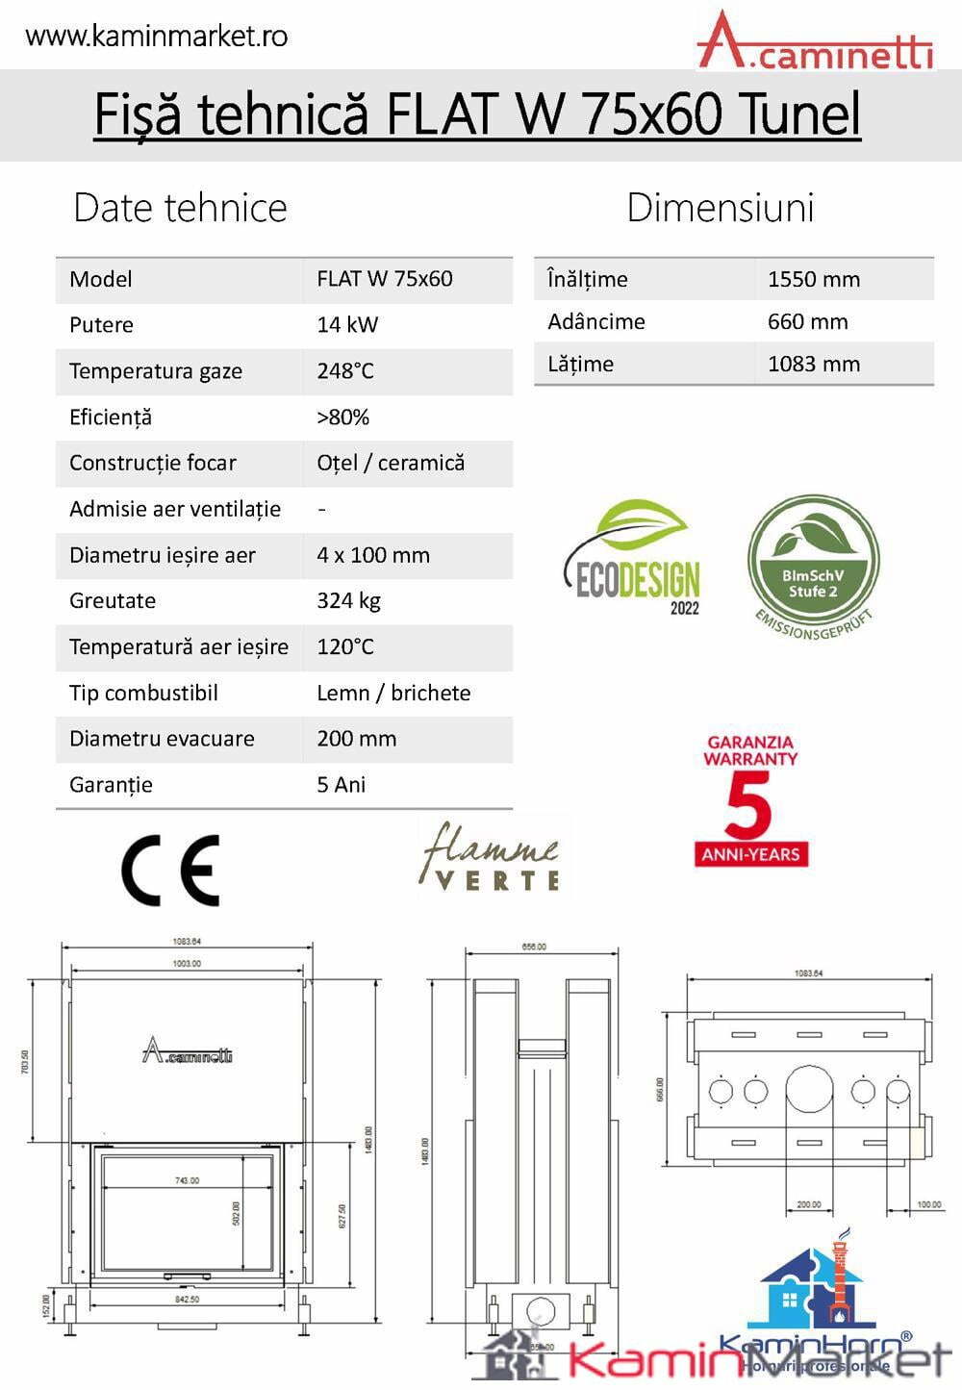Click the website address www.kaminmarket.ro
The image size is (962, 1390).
156,37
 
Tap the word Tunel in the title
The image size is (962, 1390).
800,114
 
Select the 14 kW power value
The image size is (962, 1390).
347,325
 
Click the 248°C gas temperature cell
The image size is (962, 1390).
345,371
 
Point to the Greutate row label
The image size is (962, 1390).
113,601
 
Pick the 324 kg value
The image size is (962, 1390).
348,601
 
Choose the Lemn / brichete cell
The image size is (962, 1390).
393,694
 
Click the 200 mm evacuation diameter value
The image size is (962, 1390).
356,739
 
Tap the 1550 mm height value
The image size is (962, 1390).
813,280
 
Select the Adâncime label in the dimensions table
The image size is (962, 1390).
595,322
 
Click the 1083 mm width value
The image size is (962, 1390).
813,365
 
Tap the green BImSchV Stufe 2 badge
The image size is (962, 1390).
813,562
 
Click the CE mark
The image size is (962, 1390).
170,870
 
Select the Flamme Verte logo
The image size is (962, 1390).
490,855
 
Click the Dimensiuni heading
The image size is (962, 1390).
720,208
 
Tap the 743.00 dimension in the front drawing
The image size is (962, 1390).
188,1180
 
